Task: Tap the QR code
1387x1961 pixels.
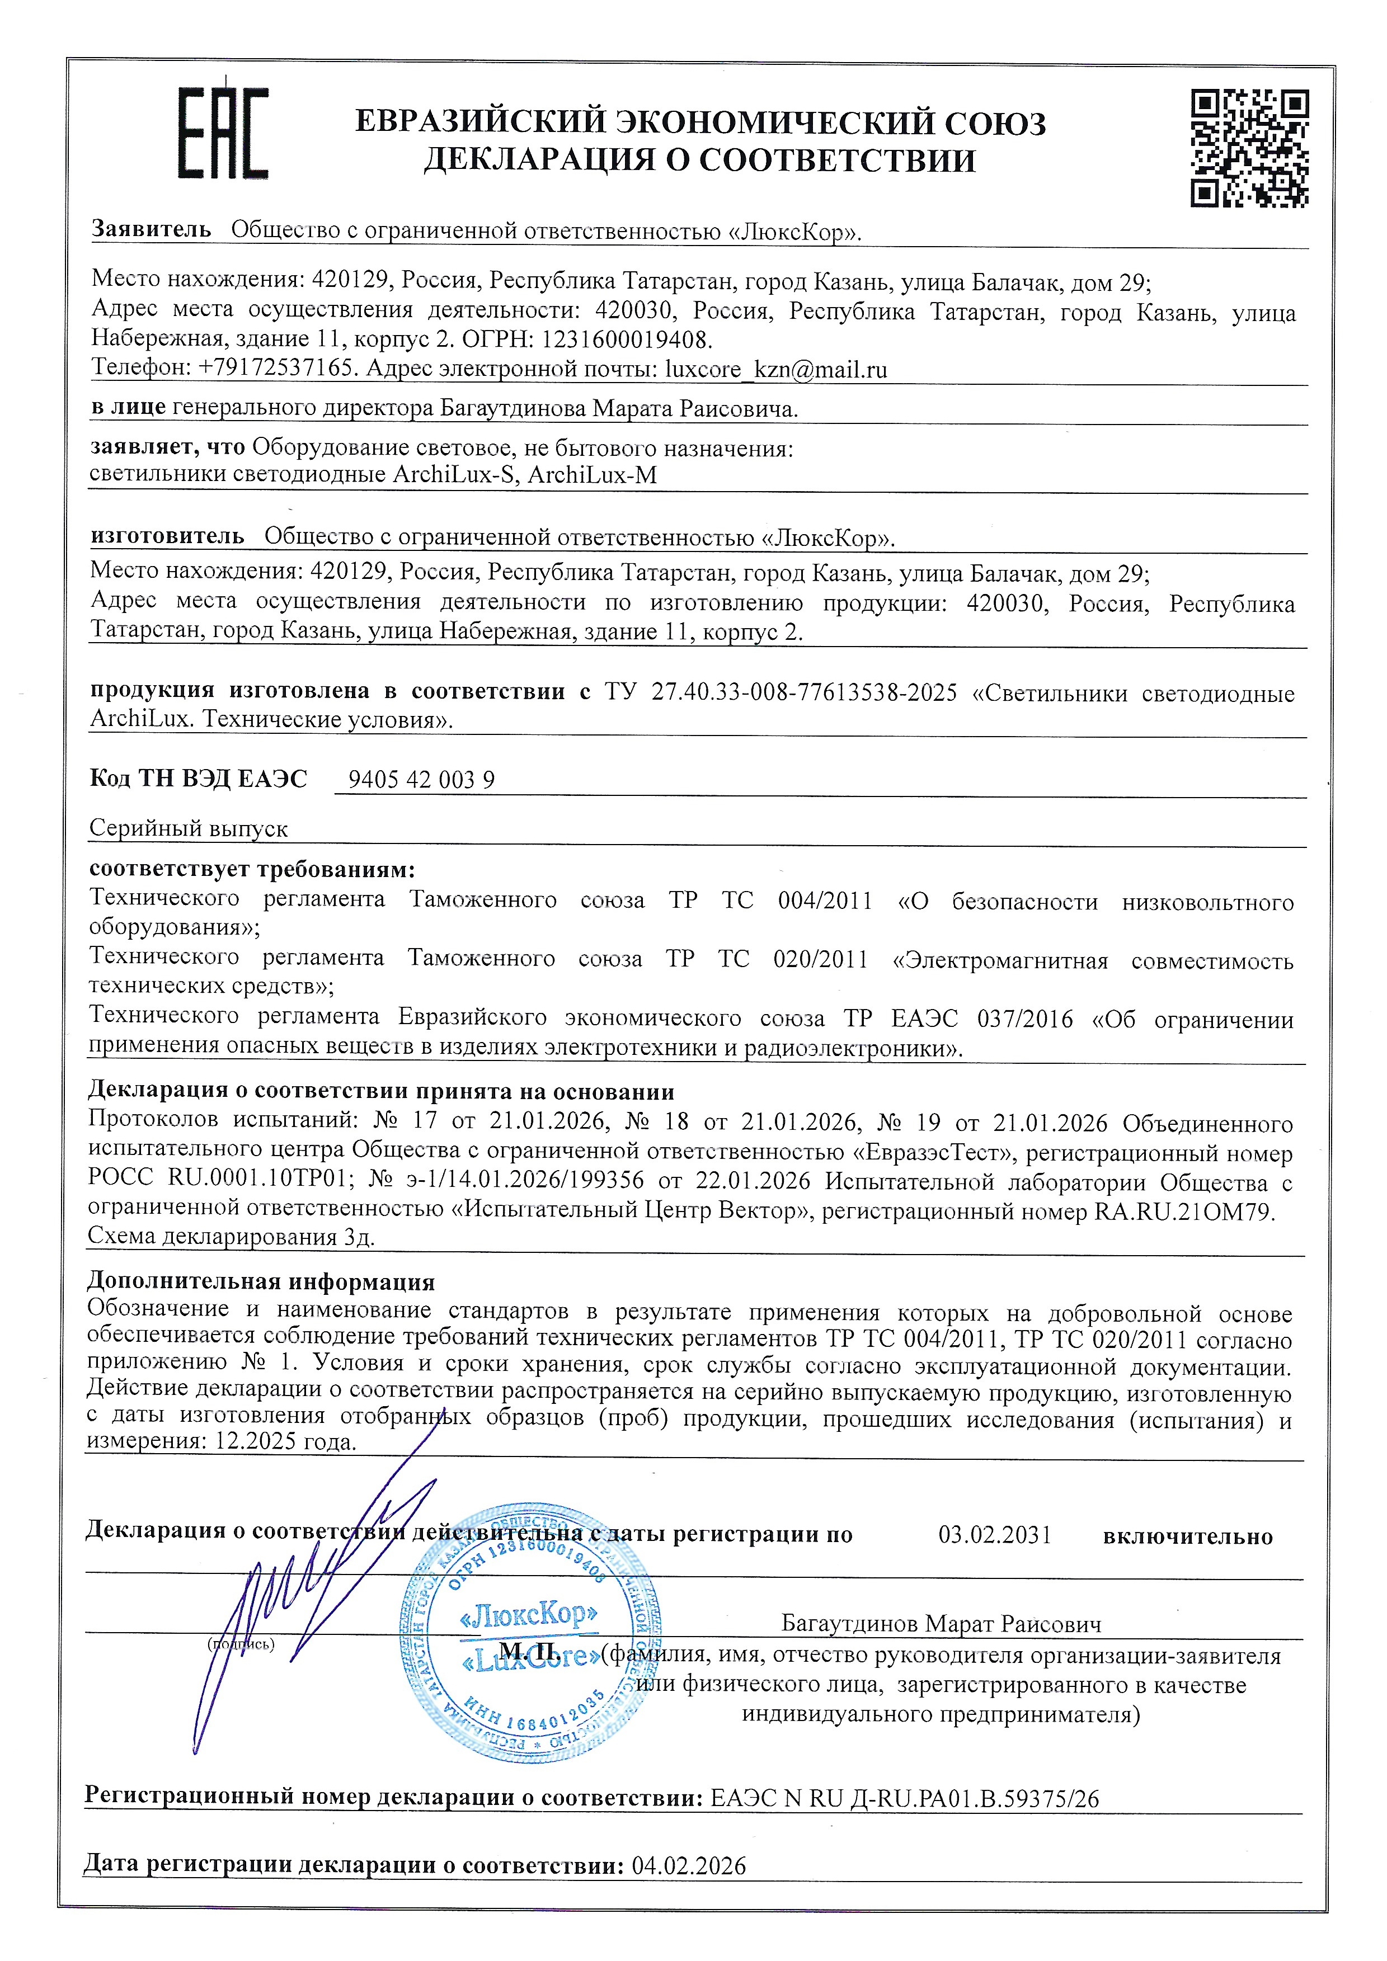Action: tap(1249, 148)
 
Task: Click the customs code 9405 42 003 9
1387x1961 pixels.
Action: tap(421, 780)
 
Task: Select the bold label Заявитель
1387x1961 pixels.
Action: tap(151, 229)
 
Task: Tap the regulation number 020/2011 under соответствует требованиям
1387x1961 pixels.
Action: tap(820, 959)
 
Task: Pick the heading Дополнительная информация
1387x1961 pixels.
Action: tap(261, 1281)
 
